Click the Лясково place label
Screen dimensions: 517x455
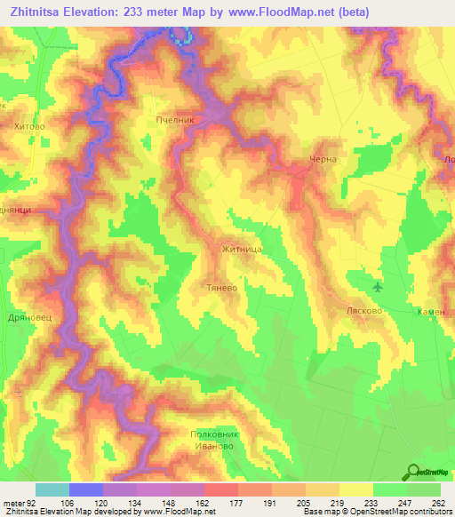[x=363, y=312]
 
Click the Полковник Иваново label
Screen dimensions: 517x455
[x=212, y=440]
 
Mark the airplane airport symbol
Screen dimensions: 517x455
[x=379, y=286]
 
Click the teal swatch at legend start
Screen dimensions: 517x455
[x=52, y=489]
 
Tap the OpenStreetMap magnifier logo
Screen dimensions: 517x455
[x=414, y=471]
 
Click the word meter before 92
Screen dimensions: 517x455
[x=15, y=502]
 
